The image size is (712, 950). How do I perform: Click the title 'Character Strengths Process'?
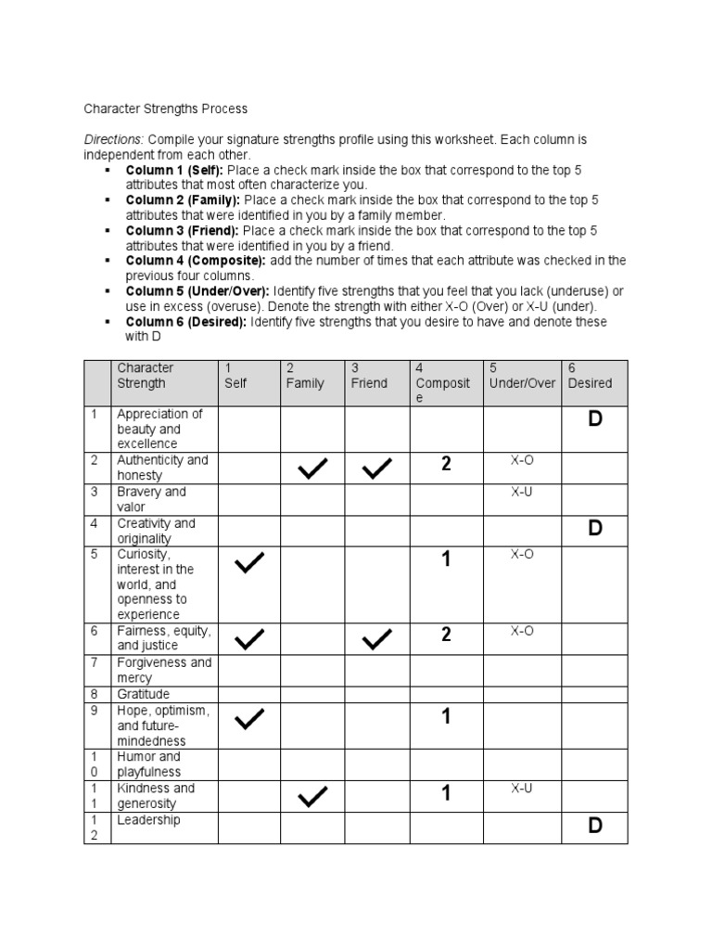[x=167, y=109]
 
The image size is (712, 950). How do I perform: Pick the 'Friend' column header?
[x=369, y=383]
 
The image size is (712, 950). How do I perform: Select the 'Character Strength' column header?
[x=146, y=376]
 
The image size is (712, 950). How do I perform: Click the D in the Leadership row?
[x=594, y=826]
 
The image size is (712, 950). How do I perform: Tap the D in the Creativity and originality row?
[x=594, y=528]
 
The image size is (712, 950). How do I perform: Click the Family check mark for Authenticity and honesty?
[x=312, y=470]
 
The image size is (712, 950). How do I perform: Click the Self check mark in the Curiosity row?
[x=248, y=563]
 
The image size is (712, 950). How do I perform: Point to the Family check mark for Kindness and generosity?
[x=312, y=796]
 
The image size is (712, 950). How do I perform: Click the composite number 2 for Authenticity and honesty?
[x=446, y=465]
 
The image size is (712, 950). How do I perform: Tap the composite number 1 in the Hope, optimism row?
[x=446, y=716]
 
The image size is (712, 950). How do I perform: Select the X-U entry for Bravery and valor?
[x=521, y=492]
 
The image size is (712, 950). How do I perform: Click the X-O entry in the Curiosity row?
[x=521, y=554]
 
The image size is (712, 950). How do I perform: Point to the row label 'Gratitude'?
[x=143, y=694]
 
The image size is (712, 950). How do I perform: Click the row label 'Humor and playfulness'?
[x=149, y=764]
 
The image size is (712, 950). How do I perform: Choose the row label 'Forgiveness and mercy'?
[x=163, y=671]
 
